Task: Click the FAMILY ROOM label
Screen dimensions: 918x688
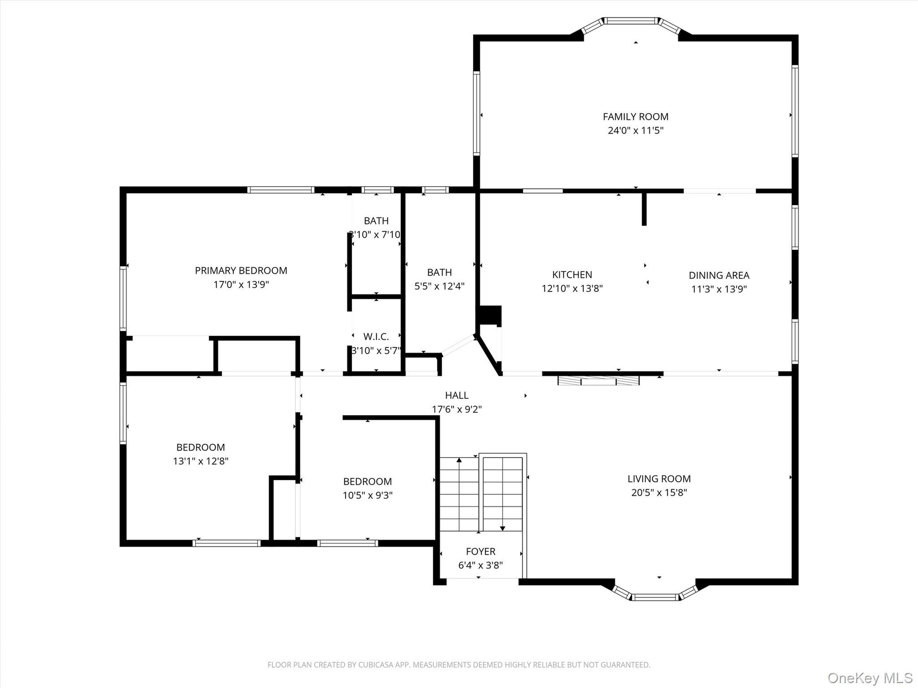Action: coord(635,117)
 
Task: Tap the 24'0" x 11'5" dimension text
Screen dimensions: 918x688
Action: coord(635,130)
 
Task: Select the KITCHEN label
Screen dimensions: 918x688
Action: coord(572,275)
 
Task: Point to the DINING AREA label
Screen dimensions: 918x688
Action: coord(719,275)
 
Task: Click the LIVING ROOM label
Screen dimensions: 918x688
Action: coord(659,479)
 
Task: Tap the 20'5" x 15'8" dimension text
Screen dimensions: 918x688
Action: coord(659,493)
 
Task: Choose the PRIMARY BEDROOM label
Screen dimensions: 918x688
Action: coord(241,270)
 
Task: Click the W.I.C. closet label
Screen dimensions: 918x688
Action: coord(376,337)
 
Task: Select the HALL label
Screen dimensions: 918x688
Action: coord(457,396)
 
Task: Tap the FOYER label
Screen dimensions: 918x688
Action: coord(481,552)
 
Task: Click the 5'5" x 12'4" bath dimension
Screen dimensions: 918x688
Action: coord(439,286)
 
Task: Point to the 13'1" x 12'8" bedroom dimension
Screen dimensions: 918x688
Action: coord(201,461)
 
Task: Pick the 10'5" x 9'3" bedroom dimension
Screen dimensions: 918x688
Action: coord(367,495)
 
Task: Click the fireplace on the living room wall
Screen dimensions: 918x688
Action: coord(599,381)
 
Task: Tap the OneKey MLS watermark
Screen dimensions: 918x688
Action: coord(870,678)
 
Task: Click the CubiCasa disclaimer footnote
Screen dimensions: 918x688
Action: coord(459,665)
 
